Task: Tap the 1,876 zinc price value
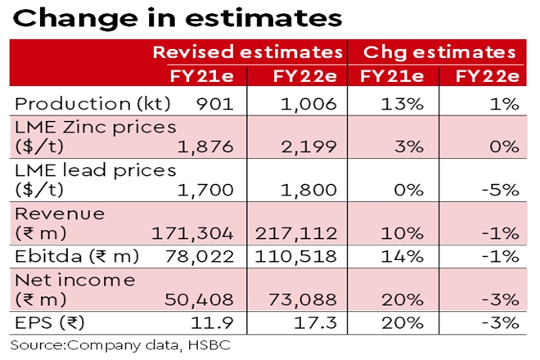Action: pyautogui.click(x=196, y=147)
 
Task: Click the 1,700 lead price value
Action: pyautogui.click(x=196, y=190)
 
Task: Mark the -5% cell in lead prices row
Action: pyautogui.click(x=499, y=190)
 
